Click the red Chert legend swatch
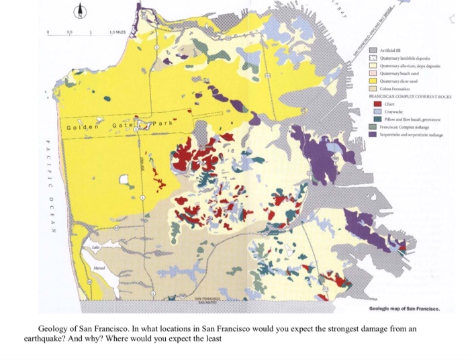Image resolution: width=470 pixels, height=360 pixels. coord(377,104)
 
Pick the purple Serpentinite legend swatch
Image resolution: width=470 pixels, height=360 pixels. coord(377,134)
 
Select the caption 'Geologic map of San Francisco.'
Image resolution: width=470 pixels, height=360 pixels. coord(405,310)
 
